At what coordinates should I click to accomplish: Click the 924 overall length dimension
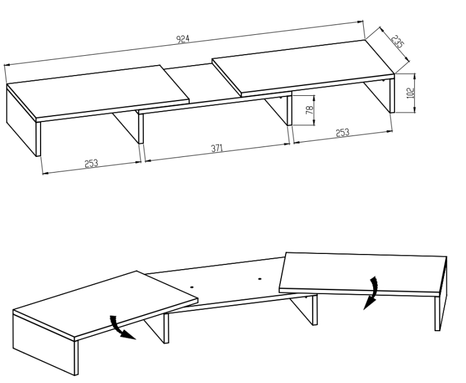coord(183,39)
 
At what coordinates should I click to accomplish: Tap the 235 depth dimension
coord(398,42)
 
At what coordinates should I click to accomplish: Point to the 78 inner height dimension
coord(309,110)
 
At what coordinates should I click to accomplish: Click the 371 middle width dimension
coord(217,148)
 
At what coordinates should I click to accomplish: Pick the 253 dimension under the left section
coord(91,163)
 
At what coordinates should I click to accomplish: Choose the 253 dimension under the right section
coord(342,133)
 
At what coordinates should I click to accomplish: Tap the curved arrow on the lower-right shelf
coord(372,293)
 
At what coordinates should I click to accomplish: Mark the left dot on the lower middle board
coord(192,288)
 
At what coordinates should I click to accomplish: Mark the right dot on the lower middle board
coord(260,279)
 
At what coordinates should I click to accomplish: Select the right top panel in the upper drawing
coord(303,68)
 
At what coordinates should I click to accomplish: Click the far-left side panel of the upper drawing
coord(21,122)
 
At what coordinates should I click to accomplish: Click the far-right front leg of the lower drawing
coord(438,313)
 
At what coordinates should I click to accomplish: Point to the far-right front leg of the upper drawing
coord(392,95)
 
